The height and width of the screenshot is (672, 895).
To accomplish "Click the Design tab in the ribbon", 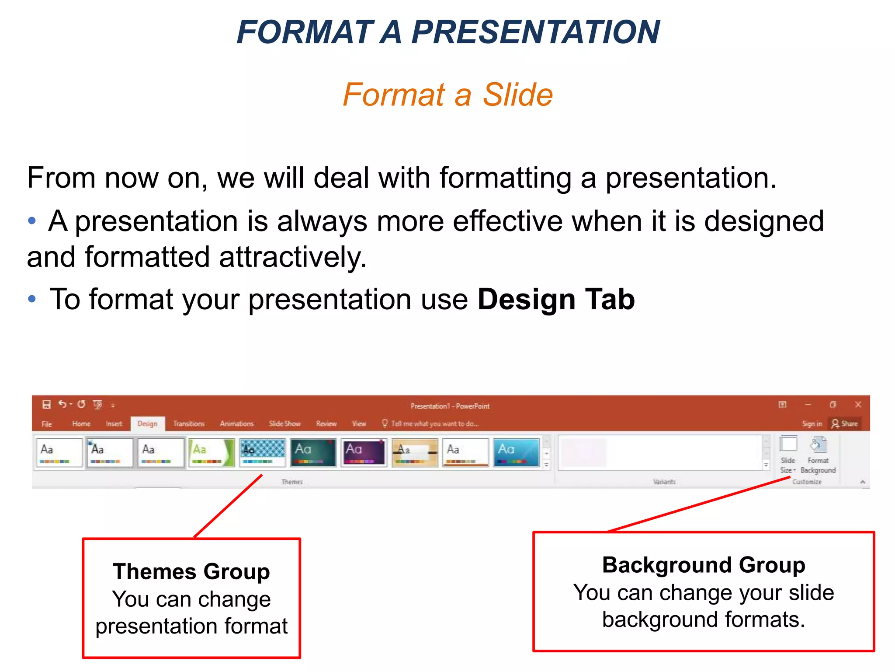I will click(147, 423).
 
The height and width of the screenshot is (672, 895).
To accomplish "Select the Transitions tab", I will click(189, 423).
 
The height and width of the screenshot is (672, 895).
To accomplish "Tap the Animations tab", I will click(236, 423).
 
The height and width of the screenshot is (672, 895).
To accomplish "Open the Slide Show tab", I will click(284, 423).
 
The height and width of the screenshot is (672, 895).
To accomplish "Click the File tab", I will click(47, 424).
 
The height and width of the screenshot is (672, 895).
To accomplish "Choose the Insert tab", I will click(114, 423).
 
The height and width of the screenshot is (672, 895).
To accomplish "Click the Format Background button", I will click(818, 455).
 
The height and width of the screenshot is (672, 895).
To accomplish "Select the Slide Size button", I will click(788, 455).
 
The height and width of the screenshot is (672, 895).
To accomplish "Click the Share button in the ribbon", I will click(845, 423).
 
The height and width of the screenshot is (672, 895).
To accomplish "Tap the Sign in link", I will click(812, 423).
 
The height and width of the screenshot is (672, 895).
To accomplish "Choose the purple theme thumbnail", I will click(364, 452).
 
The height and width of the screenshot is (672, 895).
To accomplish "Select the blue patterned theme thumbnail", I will click(262, 452).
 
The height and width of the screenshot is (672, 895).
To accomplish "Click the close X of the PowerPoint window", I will click(858, 405).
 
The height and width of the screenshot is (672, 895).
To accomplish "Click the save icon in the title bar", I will click(46, 405).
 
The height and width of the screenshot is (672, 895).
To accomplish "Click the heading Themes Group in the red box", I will click(191, 571).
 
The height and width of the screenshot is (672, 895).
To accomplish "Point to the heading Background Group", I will click(704, 565).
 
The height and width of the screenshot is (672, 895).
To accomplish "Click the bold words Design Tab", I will click(556, 300).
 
